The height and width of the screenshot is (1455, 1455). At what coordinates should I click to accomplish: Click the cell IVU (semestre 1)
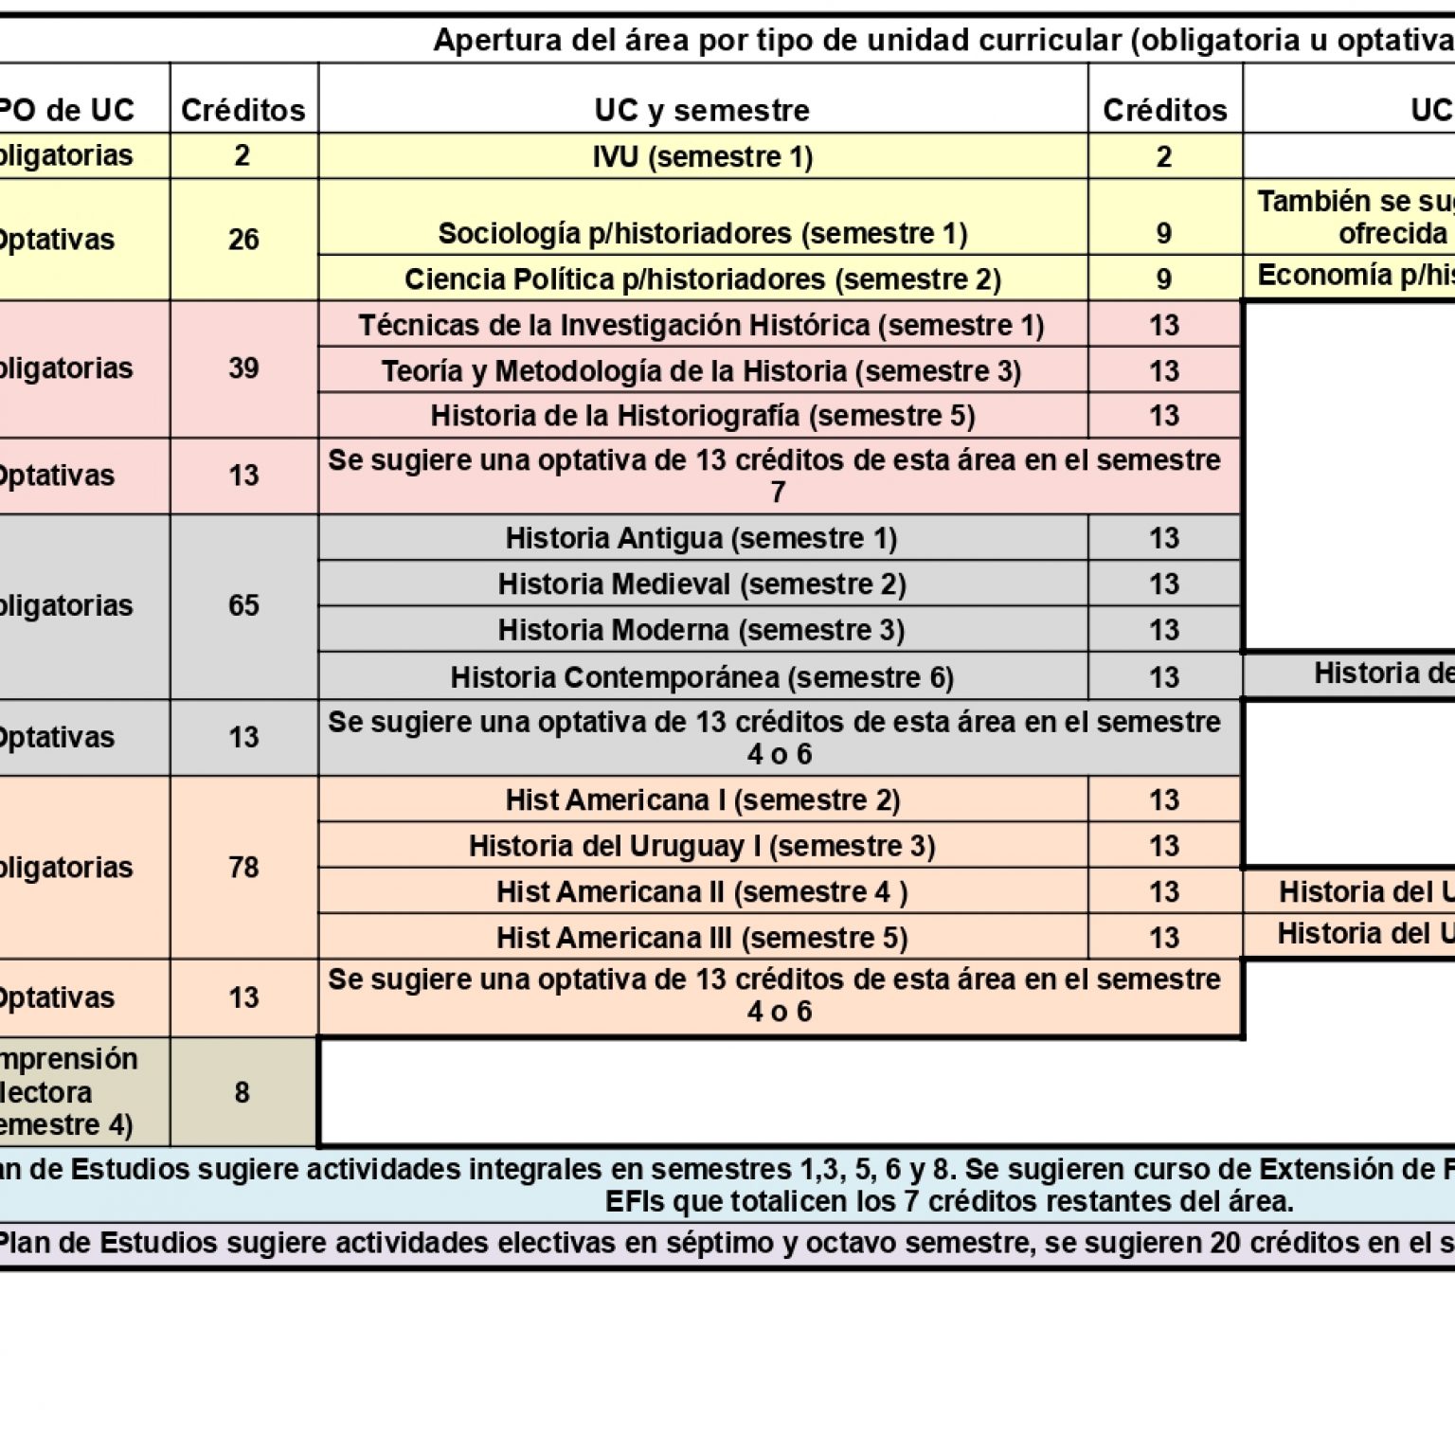[x=702, y=156]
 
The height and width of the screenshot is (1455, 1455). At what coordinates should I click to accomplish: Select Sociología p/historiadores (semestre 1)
[x=702, y=233]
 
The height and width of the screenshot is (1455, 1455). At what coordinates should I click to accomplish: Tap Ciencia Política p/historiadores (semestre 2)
[x=702, y=279]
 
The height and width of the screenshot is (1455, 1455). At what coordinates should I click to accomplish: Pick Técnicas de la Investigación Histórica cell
[x=702, y=325]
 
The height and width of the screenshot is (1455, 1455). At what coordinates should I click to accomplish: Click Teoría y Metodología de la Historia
[x=702, y=370]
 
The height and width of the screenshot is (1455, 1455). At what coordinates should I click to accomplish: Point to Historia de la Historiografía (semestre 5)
[x=702, y=416]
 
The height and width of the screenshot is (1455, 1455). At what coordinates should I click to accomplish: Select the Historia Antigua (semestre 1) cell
[x=702, y=538]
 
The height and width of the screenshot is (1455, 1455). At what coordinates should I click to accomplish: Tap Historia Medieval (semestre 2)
[x=702, y=584]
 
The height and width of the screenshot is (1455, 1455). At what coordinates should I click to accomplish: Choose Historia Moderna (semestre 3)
[x=702, y=630]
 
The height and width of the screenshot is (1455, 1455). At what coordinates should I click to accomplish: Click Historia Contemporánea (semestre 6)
[x=702, y=677]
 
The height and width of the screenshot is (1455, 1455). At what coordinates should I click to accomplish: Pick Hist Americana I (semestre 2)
[x=702, y=800]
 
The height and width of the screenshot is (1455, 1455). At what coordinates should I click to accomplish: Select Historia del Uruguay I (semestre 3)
[x=702, y=846]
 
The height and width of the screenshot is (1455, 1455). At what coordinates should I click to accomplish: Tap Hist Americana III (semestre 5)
[x=702, y=938]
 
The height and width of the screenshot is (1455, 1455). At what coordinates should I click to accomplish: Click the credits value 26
[x=243, y=240]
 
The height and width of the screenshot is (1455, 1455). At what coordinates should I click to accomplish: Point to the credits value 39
[x=243, y=368]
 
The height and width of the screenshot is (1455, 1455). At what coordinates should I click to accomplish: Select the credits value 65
[x=243, y=606]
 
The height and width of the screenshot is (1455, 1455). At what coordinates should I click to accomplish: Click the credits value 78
[x=243, y=868]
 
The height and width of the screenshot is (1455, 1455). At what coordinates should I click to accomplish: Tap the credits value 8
[x=242, y=1092]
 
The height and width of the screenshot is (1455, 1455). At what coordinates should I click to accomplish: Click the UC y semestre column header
[x=702, y=110]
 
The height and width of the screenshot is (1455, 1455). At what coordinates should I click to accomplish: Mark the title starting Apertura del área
[x=943, y=41]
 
